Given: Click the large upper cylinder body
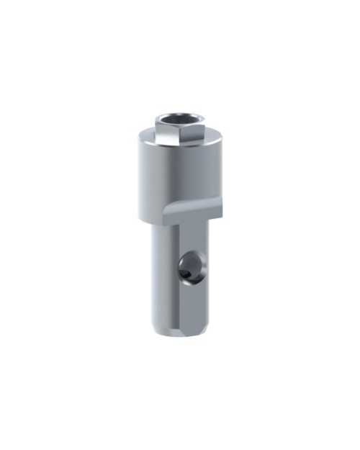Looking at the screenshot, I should (180, 176).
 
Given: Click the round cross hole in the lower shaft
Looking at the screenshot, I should (192, 267).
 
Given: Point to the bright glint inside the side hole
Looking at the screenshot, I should (188, 273).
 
